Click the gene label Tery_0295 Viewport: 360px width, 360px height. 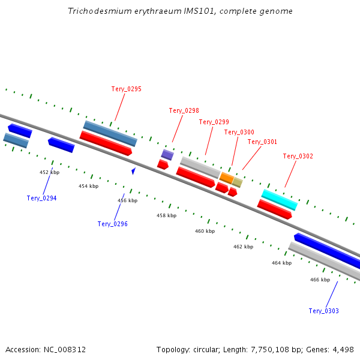(x=127, y=89)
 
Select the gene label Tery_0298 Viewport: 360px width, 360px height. (x=184, y=110)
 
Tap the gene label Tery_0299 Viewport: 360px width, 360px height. (x=214, y=122)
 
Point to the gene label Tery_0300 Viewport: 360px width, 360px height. (x=239, y=132)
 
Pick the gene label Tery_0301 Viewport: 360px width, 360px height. (x=262, y=142)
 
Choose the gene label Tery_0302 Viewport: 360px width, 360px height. (x=298, y=156)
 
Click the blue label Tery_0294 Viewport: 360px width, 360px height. (x=42, y=198)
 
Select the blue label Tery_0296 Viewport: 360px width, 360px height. (x=113, y=224)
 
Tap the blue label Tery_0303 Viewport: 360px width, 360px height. (x=324, y=311)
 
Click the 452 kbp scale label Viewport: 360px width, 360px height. (x=50, y=172)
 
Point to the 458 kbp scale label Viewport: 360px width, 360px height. (x=167, y=215)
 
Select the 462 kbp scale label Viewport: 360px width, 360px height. (x=244, y=247)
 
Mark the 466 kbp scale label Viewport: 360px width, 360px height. (x=320, y=280)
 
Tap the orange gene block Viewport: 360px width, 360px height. (x=226, y=178)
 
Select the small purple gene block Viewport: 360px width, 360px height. (x=167, y=155)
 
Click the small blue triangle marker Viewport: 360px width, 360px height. (x=133, y=171)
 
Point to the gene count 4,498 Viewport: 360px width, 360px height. (x=344, y=349)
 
